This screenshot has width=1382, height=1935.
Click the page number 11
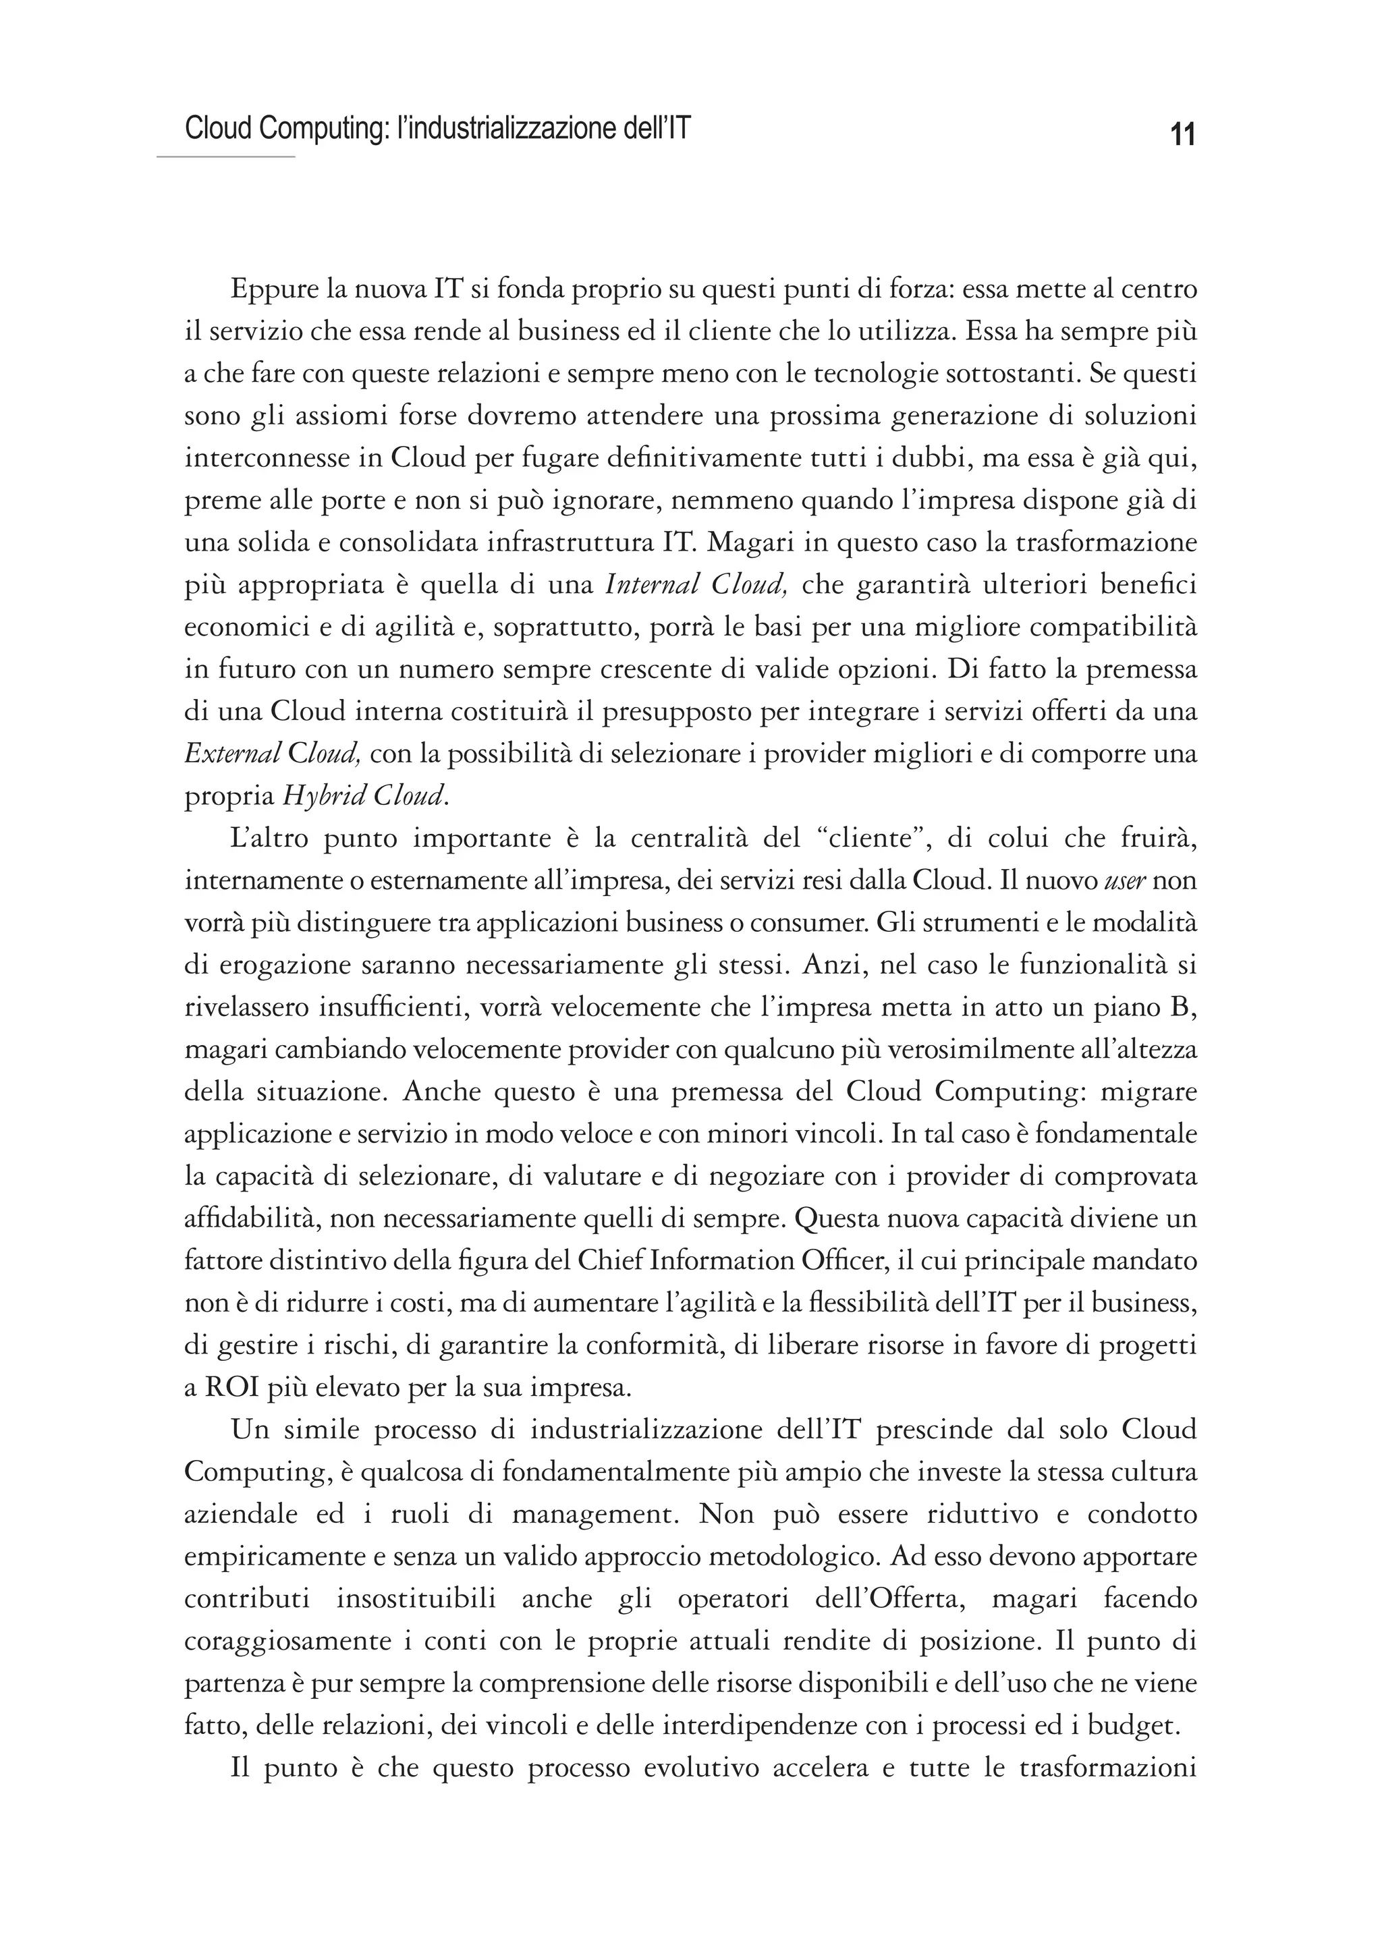click(x=1182, y=134)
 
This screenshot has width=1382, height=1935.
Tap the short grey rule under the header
click(x=225, y=157)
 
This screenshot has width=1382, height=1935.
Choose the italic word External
click(x=232, y=753)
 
